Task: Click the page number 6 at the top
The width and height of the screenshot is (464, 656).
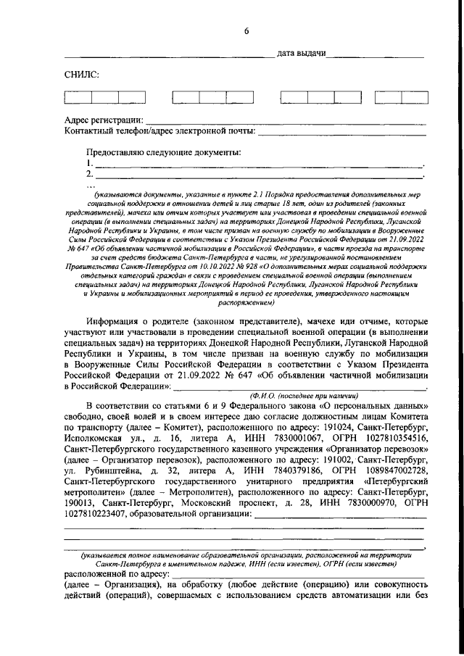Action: coord(246,30)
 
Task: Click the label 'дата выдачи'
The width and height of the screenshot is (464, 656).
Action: coord(301,55)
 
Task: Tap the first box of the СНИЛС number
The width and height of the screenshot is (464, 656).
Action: coord(75,98)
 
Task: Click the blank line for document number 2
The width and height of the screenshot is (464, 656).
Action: coord(259,176)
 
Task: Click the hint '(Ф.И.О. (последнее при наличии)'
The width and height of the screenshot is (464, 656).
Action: coord(304,396)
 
